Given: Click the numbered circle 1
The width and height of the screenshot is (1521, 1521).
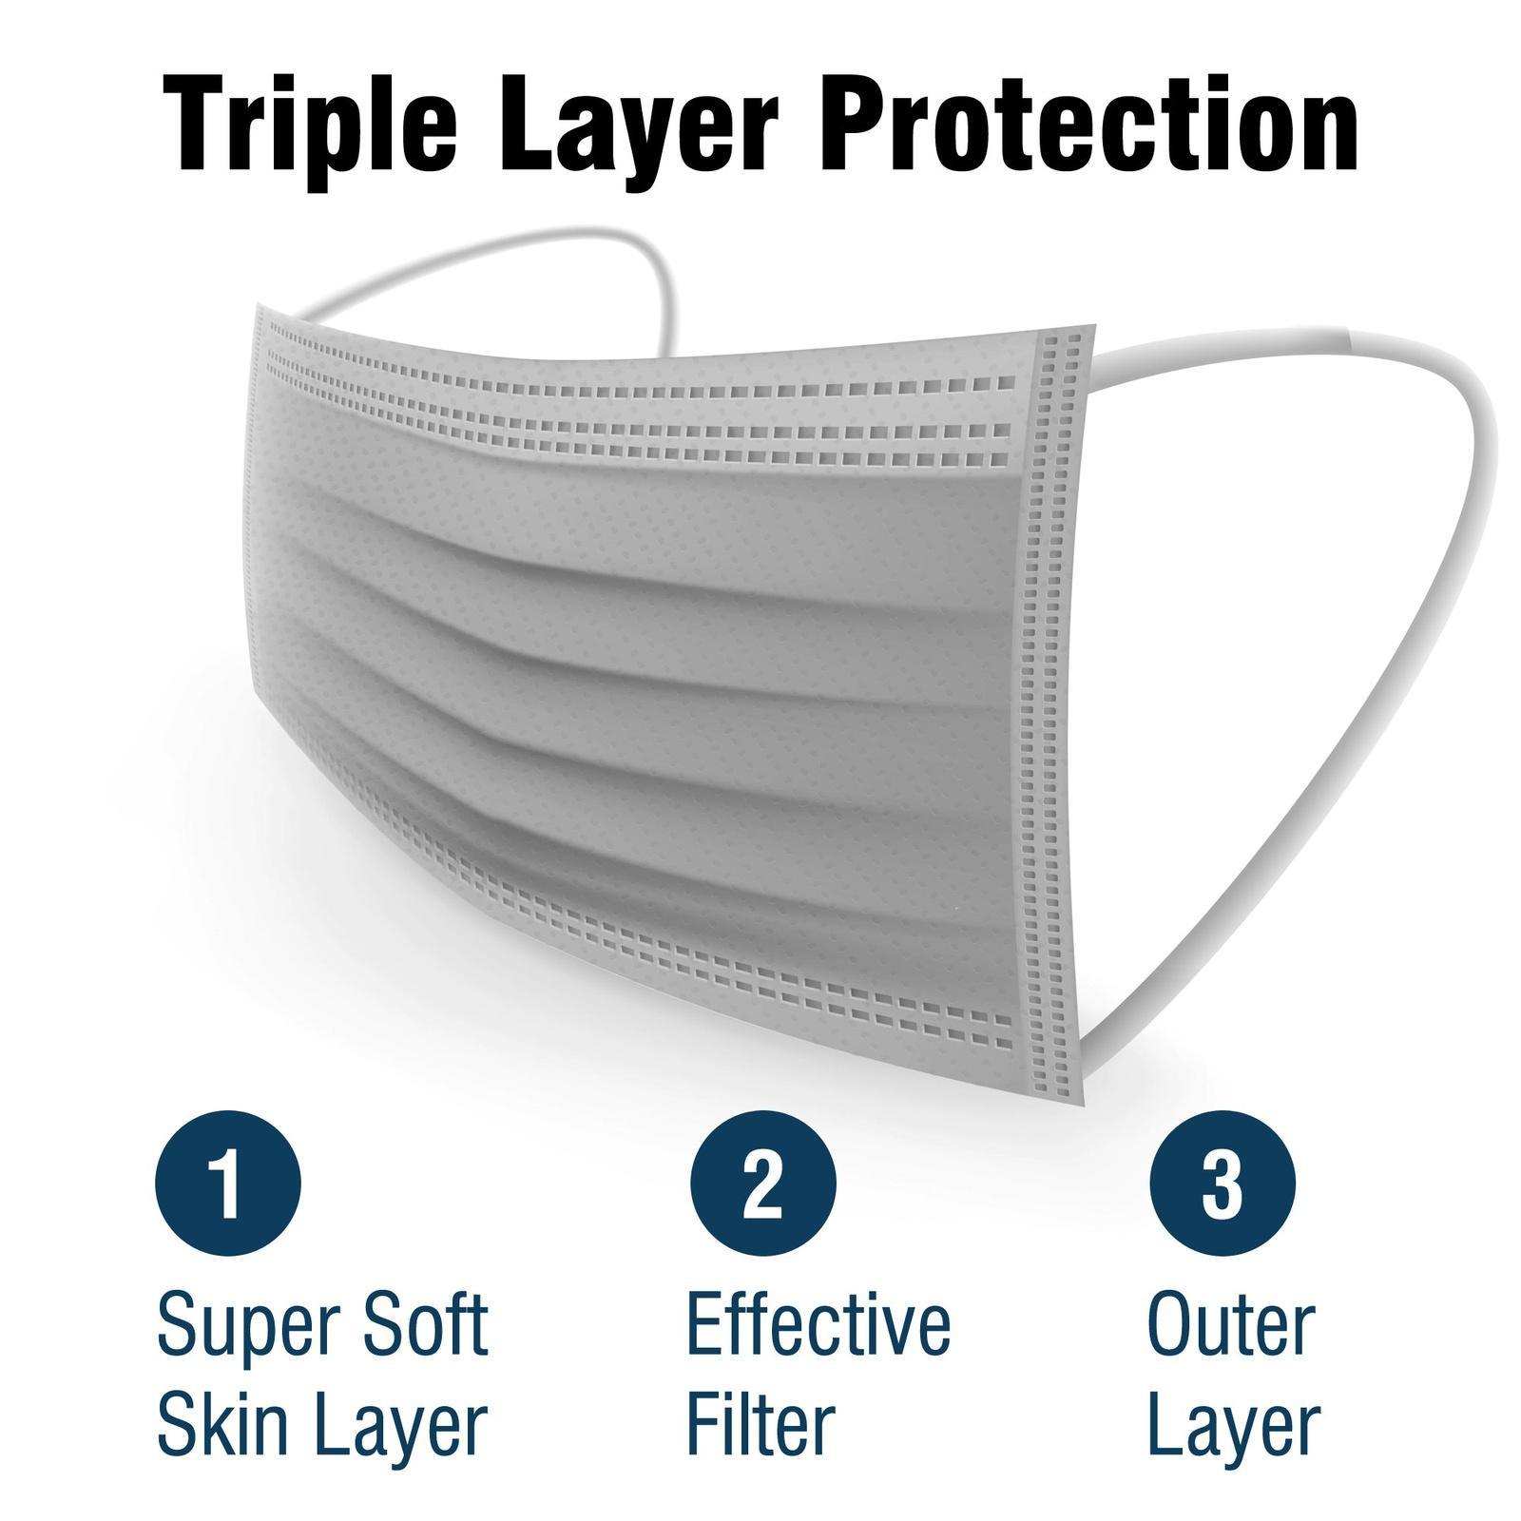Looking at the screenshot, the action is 227,1186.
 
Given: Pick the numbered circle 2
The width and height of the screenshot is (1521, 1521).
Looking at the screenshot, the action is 762,1186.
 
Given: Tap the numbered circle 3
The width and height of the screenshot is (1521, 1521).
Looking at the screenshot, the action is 1223,1186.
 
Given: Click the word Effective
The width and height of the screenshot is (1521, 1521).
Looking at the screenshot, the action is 818,1323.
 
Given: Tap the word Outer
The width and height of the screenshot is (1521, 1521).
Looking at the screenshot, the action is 1232,1323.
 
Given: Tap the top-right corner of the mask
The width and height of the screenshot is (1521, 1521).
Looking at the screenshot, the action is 1094,330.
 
